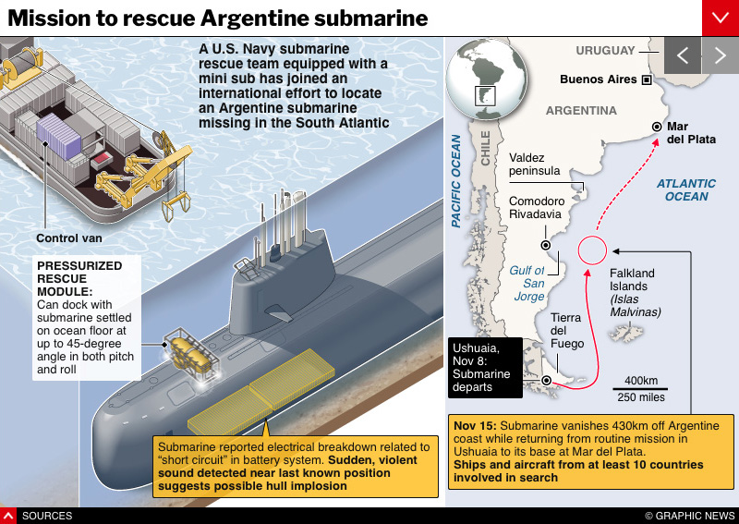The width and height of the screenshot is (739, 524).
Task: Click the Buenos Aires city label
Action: click(x=598, y=79)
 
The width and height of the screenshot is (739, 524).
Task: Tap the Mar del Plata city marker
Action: click(x=657, y=127)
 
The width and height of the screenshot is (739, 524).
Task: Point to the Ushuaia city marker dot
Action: click(x=548, y=380)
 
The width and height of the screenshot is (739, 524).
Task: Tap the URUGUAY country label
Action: click(x=605, y=50)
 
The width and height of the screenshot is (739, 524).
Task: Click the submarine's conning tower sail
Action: click(x=281, y=278)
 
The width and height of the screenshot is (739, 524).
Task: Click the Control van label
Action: click(x=69, y=238)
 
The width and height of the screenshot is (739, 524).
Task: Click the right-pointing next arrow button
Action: click(x=721, y=55)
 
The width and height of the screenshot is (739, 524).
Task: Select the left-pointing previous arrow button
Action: click(x=683, y=55)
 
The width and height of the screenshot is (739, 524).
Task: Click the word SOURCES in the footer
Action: click(x=46, y=516)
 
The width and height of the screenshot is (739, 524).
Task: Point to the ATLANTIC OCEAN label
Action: click(x=686, y=190)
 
